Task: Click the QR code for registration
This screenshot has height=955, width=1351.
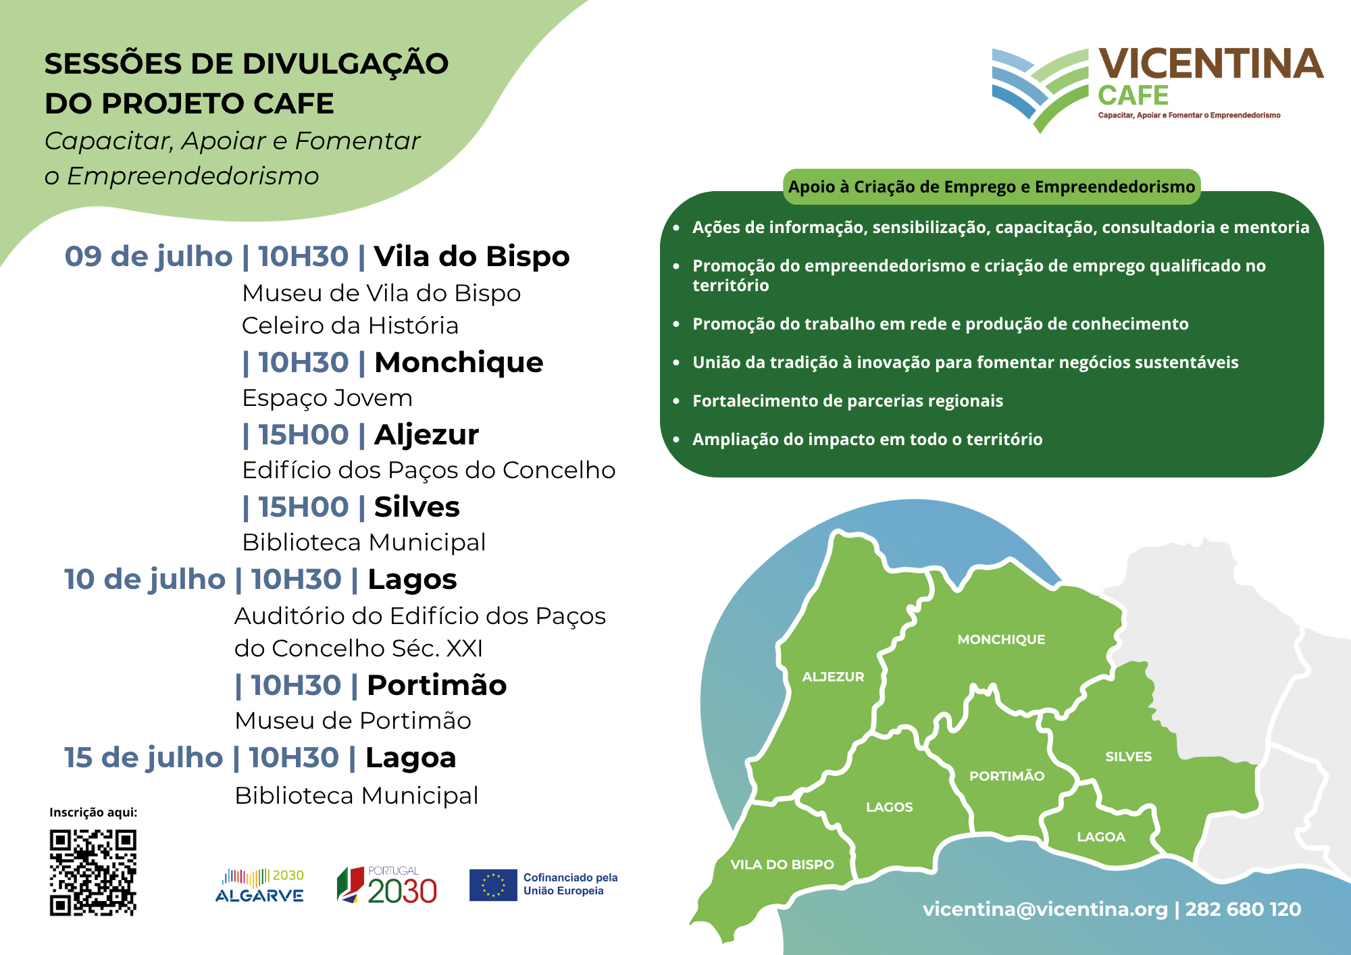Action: point(93,873)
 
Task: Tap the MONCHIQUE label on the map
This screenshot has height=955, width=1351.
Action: point(1001,640)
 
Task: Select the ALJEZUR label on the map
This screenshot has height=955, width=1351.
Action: point(833,677)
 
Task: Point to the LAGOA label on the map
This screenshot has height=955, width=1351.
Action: point(1101,837)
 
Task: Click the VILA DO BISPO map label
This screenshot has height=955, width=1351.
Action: point(782,864)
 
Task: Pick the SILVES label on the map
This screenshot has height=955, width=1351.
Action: point(1128,756)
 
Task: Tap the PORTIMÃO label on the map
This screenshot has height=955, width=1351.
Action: point(1007,775)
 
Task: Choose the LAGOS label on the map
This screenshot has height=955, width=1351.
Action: point(889,807)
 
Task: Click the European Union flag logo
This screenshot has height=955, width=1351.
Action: point(493,885)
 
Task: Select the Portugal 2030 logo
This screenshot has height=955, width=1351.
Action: point(387,885)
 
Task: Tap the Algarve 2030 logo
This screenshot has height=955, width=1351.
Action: point(259,886)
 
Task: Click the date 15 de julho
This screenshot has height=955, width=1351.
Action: point(143,758)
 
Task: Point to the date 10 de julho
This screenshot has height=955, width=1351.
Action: point(145,579)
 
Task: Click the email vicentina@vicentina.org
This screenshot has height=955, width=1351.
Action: point(1045,909)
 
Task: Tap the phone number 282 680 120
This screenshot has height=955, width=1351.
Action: point(1243,909)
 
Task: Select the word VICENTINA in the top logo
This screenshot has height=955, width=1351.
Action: point(1211,64)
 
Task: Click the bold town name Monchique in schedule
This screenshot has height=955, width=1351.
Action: point(459,363)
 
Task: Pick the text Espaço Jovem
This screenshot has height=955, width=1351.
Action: point(327,398)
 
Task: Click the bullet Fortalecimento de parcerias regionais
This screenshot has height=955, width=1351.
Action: point(848,401)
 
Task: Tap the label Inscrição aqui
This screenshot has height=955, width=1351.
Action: point(93,812)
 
